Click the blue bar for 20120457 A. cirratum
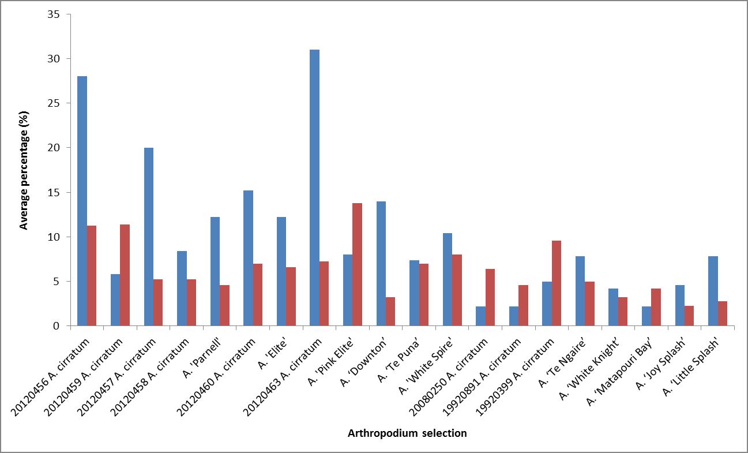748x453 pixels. pyautogui.click(x=149, y=237)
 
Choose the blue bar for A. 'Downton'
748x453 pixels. pyautogui.click(x=381, y=264)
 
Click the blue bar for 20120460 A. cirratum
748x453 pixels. pyautogui.click(x=248, y=258)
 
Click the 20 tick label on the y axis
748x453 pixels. pyautogui.click(x=54, y=148)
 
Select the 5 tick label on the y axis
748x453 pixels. pyautogui.click(x=56, y=282)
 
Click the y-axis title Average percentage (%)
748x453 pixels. pyautogui.click(x=24, y=170)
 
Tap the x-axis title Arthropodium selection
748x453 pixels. pyautogui.click(x=407, y=433)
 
